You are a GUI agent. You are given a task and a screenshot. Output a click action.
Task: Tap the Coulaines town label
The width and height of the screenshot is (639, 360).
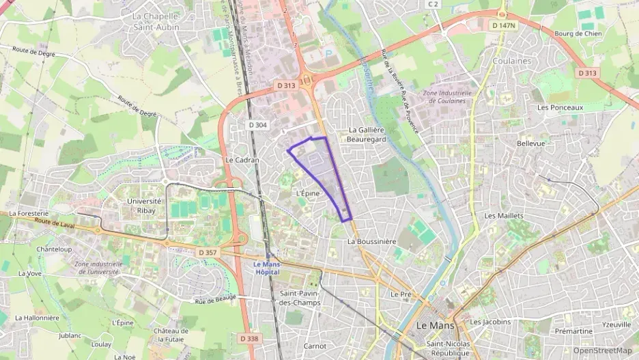(509, 61)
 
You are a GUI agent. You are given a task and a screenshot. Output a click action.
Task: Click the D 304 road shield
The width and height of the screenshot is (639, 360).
(258, 125)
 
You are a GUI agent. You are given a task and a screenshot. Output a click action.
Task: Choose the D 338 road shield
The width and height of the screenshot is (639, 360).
(249, 338)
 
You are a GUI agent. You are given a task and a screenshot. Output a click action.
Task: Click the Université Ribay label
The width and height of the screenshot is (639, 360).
(144, 206)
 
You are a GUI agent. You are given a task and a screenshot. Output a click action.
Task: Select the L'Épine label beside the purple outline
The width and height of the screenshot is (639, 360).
(308, 193)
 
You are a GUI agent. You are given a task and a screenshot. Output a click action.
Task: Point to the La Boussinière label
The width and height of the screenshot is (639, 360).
(371, 241)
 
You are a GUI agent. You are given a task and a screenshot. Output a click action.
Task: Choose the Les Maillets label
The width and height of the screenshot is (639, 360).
(503, 215)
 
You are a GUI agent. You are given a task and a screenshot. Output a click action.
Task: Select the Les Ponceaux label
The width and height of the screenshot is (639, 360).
(560, 107)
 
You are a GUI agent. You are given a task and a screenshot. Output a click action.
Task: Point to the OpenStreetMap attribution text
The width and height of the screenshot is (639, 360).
(602, 350)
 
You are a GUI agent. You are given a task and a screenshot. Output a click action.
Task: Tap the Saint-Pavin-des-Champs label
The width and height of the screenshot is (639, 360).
(300, 298)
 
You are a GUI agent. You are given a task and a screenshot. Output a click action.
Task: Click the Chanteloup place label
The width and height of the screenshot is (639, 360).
(54, 249)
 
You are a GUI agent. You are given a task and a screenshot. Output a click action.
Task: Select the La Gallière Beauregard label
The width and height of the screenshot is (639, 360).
(367, 134)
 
